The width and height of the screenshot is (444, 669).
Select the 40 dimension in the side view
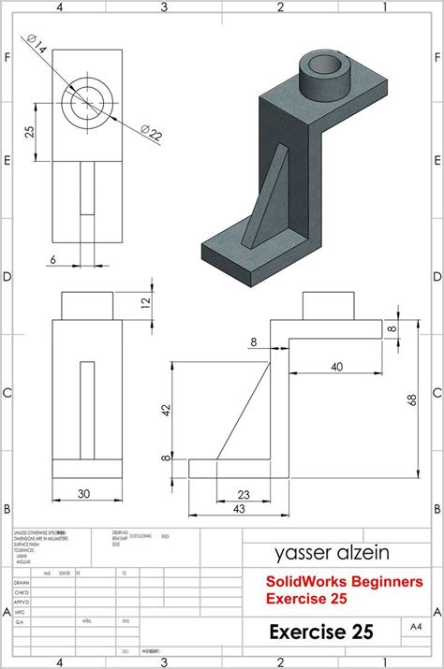coord(335,367)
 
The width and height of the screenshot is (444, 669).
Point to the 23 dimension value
coord(243,494)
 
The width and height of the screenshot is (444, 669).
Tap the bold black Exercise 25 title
coord(321,633)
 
